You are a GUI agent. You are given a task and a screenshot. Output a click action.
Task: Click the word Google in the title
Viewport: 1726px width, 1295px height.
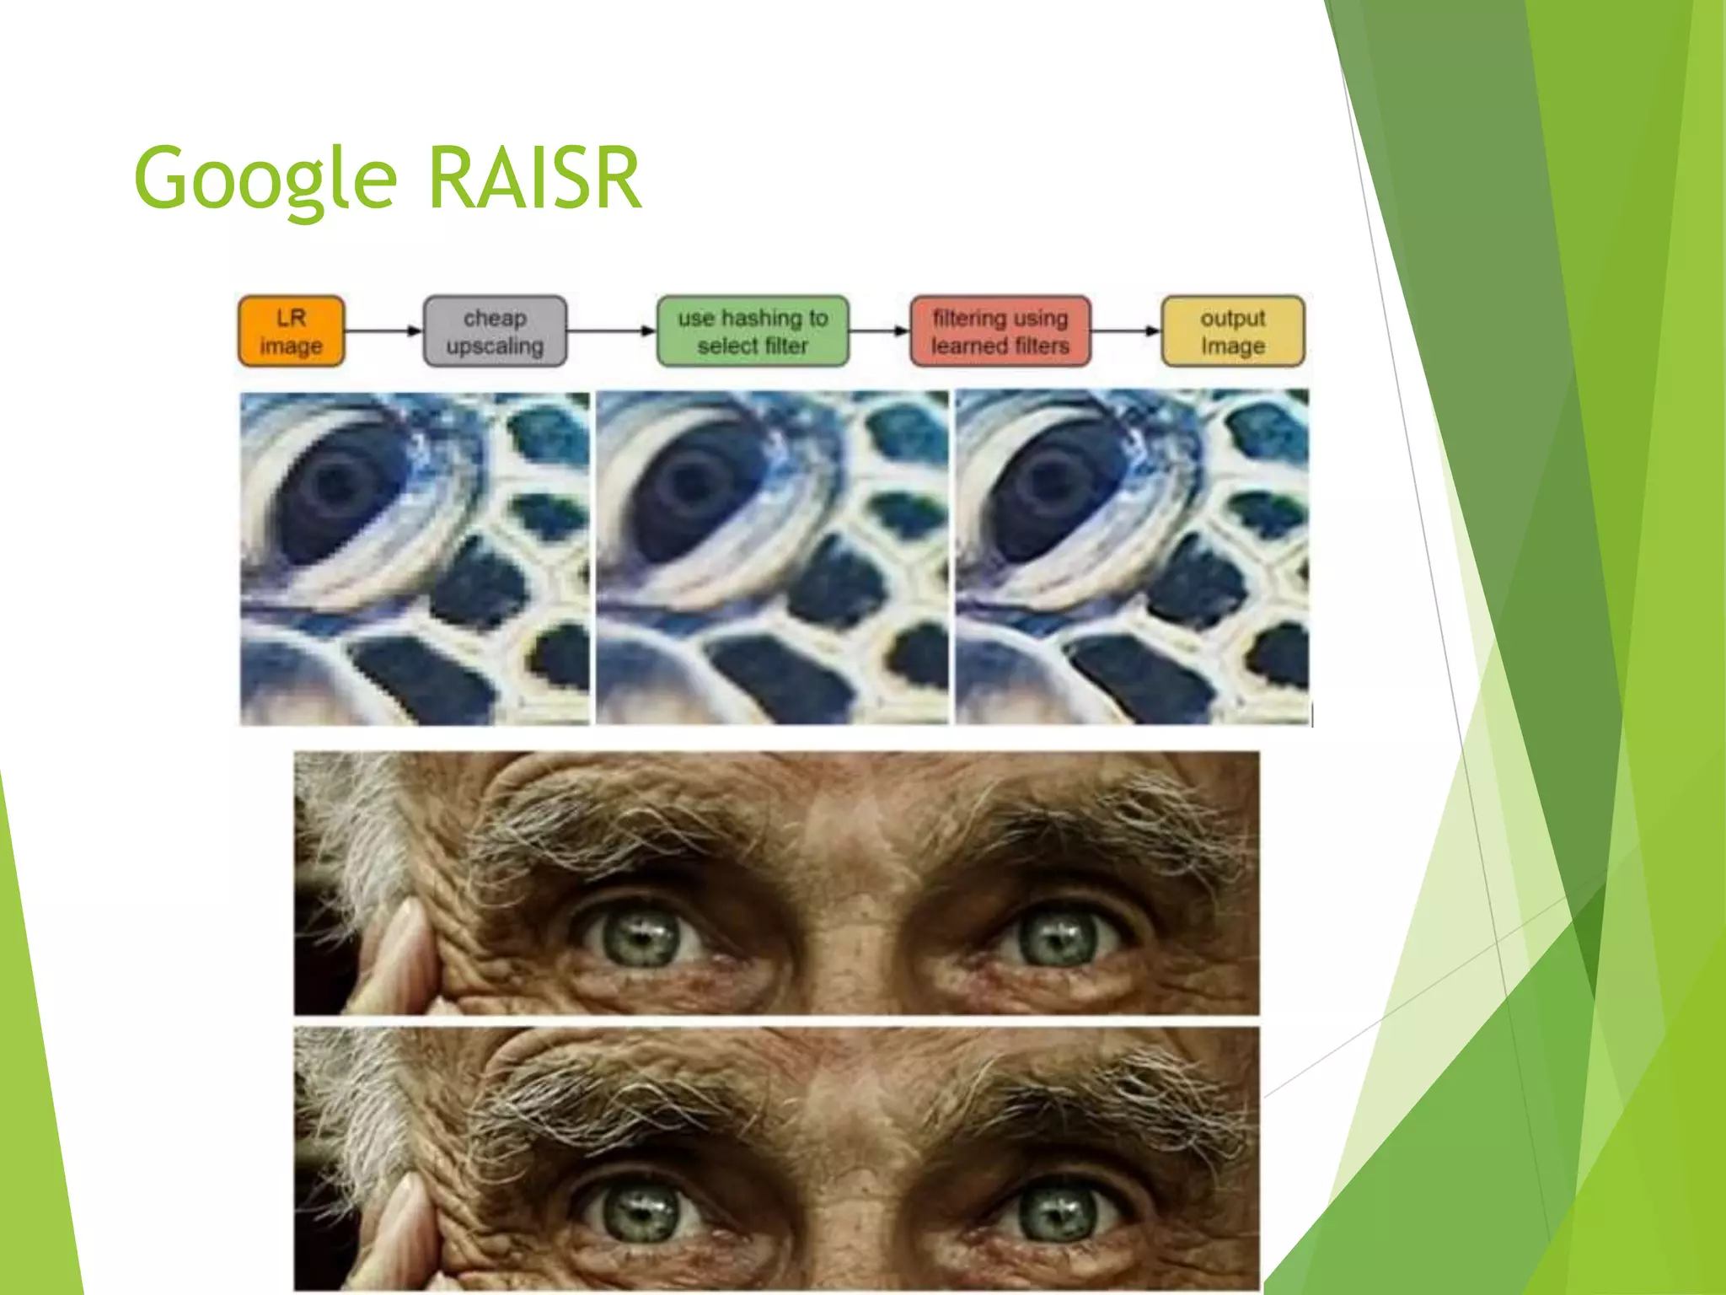[x=265, y=179]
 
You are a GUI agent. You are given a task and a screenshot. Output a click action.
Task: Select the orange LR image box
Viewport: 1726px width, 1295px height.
[x=291, y=331]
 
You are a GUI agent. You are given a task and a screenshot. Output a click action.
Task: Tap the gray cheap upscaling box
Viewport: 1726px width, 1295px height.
[x=495, y=331]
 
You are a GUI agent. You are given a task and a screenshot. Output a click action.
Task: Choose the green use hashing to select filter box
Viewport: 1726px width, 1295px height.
[x=753, y=331]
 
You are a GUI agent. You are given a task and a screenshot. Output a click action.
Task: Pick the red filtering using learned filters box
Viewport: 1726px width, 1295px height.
[x=1000, y=331]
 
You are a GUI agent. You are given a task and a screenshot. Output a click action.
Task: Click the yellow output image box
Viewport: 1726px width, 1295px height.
[x=1233, y=331]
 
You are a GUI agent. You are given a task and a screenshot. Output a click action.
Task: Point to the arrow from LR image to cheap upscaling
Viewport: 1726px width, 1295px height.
[x=383, y=331]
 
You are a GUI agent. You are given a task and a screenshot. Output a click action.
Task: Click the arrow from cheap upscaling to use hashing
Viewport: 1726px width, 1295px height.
[x=611, y=331]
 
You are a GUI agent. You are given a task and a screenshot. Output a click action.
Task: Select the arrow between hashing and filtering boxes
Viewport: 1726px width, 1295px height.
[x=879, y=331]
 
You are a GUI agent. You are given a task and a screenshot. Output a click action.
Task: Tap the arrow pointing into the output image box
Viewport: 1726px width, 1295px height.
[x=1126, y=331]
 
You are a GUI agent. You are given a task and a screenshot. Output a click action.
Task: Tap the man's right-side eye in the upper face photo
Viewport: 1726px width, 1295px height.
[x=1058, y=936]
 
